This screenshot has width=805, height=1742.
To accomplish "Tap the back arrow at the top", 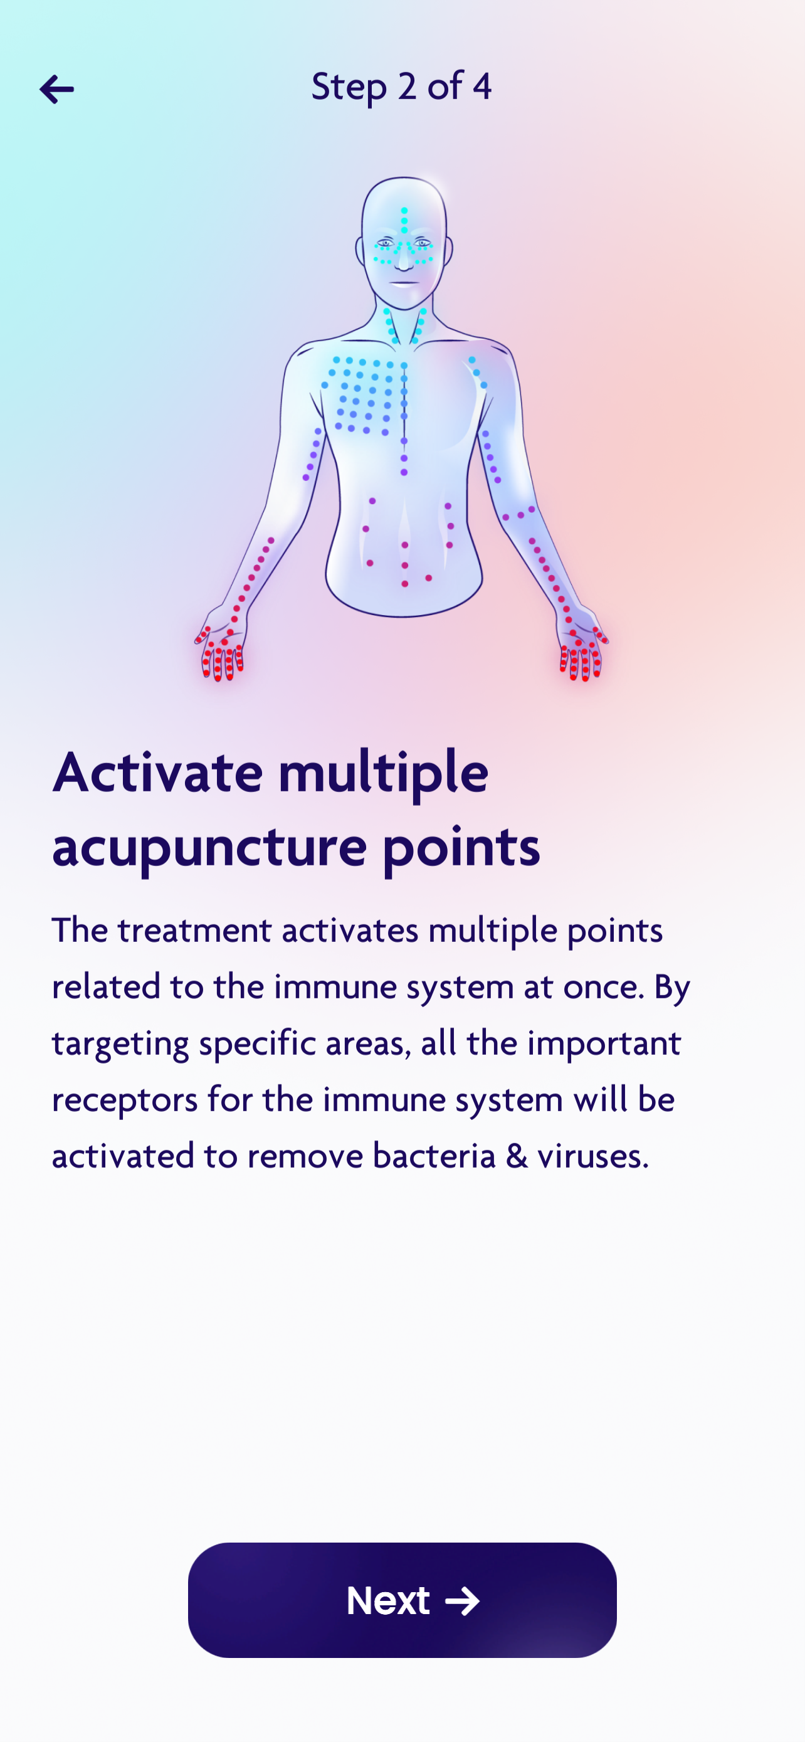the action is (x=57, y=89).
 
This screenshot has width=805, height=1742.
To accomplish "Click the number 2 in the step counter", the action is (x=407, y=87).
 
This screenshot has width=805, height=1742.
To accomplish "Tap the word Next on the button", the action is (x=388, y=1600).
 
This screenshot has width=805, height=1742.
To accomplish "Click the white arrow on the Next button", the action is (x=463, y=1601).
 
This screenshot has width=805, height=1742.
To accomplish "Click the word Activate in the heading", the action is (x=157, y=773).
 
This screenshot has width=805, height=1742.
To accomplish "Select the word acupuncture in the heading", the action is (x=209, y=847).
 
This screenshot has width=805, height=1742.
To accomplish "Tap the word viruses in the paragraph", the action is (x=592, y=1156).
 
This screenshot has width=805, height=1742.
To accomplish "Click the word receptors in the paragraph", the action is (x=125, y=1101).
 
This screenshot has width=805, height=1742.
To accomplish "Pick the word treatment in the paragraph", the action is (x=194, y=931).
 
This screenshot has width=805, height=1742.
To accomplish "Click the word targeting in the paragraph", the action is (x=120, y=1044).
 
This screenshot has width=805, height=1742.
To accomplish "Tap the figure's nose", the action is (x=404, y=257).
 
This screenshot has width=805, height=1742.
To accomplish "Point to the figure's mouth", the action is (x=404, y=282).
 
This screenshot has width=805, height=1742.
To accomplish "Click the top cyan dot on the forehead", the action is (x=404, y=211).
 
